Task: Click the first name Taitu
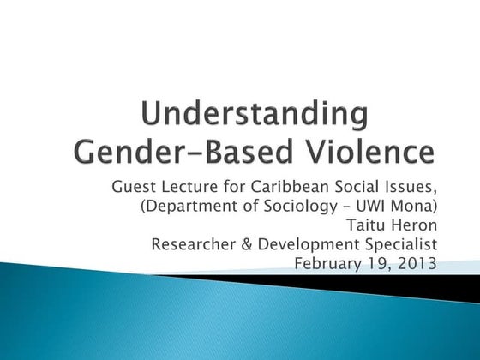[359, 225]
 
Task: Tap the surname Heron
[411, 225]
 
